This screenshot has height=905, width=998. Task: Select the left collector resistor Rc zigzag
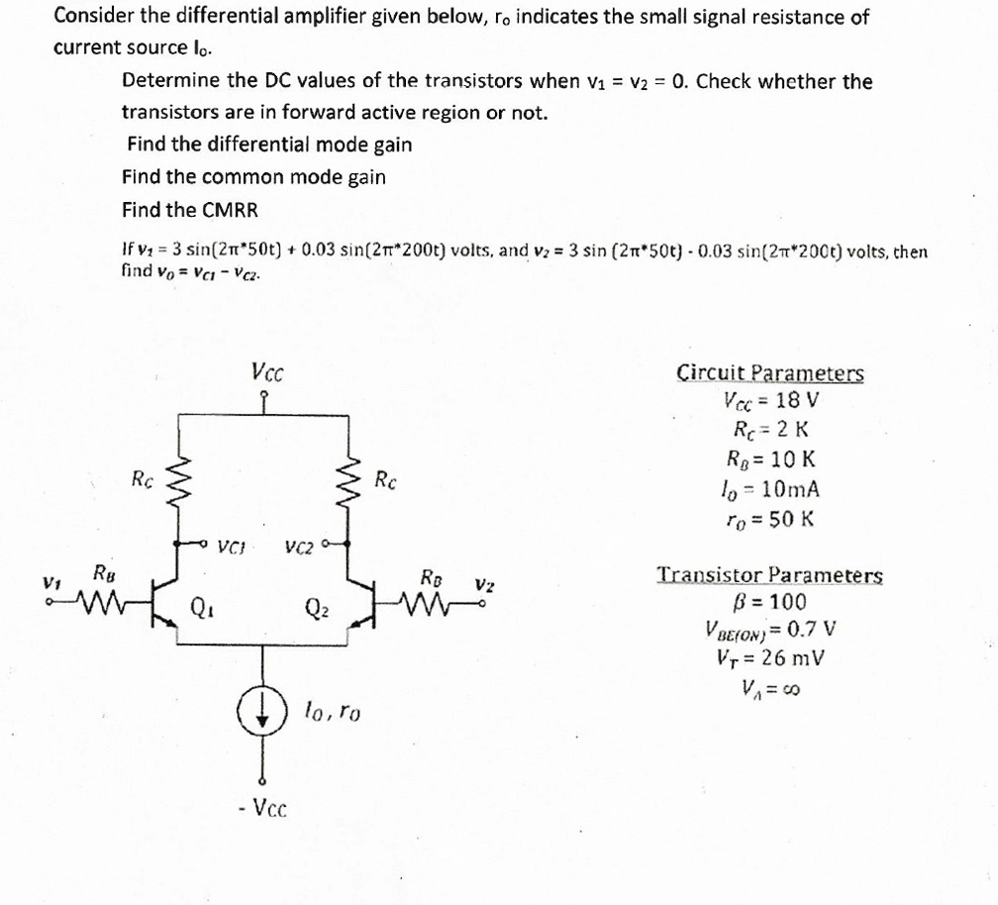[180, 482]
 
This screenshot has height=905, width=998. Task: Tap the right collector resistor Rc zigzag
[348, 482]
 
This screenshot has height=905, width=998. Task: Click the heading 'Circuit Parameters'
[769, 373]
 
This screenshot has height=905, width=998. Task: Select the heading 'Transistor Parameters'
[770, 574]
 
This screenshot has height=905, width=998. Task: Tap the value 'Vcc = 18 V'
[771, 401]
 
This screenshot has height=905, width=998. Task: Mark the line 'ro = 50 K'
[771, 518]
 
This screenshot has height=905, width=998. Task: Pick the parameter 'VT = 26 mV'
[771, 657]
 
